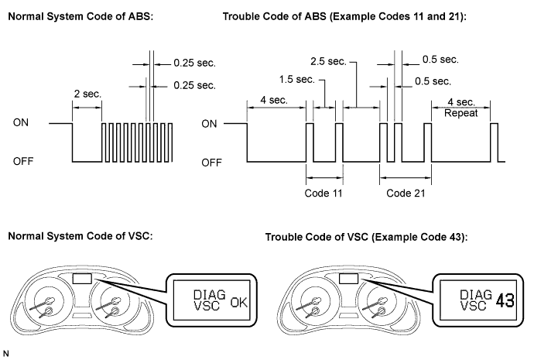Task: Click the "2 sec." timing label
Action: [87, 94]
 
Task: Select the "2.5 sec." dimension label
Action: [328, 62]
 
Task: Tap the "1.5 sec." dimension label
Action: [297, 80]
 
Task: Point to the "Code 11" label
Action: [323, 193]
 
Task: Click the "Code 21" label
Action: [406, 193]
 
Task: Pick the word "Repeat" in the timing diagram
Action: [461, 113]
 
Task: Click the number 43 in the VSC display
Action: [505, 300]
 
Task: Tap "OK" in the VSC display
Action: [238, 302]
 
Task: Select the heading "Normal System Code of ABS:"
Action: [80, 16]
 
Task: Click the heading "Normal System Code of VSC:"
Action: [80, 236]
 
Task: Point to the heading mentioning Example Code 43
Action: [366, 237]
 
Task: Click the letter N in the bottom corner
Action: [5, 354]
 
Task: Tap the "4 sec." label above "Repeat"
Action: [461, 102]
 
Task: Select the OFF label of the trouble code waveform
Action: [211, 163]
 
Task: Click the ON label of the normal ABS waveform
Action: [21, 122]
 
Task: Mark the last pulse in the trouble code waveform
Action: [495, 142]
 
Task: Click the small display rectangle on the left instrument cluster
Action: [82, 279]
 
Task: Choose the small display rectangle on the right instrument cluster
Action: [348, 279]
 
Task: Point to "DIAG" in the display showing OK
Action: [210, 294]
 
